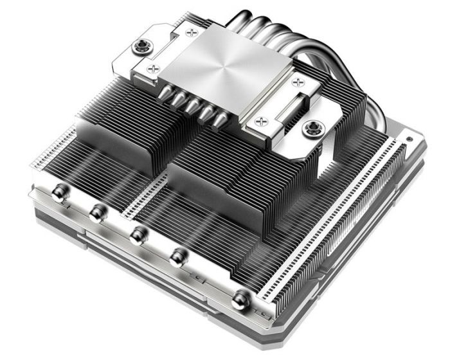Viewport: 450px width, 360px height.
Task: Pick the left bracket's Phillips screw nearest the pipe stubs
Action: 152,66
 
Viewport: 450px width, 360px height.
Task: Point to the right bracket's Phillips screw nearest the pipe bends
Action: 298,82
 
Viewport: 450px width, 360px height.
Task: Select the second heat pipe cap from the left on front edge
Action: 96,212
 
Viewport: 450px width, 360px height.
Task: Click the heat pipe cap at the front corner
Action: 240,296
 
